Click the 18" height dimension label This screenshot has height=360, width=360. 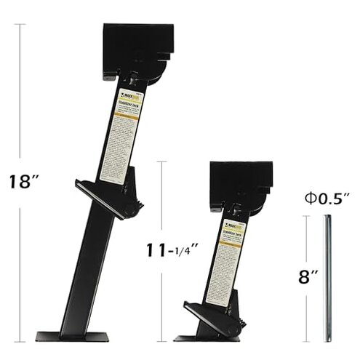pyautogui.click(x=20, y=181)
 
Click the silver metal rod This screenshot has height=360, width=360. pyautogui.click(x=328, y=276)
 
